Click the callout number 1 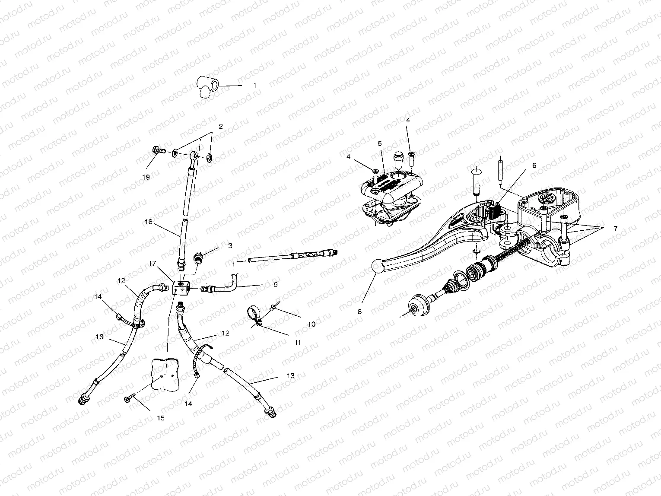pos(254,86)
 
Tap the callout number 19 pos(146,177)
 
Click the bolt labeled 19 pos(158,151)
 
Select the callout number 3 pos(230,245)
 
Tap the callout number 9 pos(275,285)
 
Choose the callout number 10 pos(311,324)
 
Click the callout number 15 pos(160,418)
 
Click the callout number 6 pos(534,165)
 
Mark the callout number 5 pos(379,143)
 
